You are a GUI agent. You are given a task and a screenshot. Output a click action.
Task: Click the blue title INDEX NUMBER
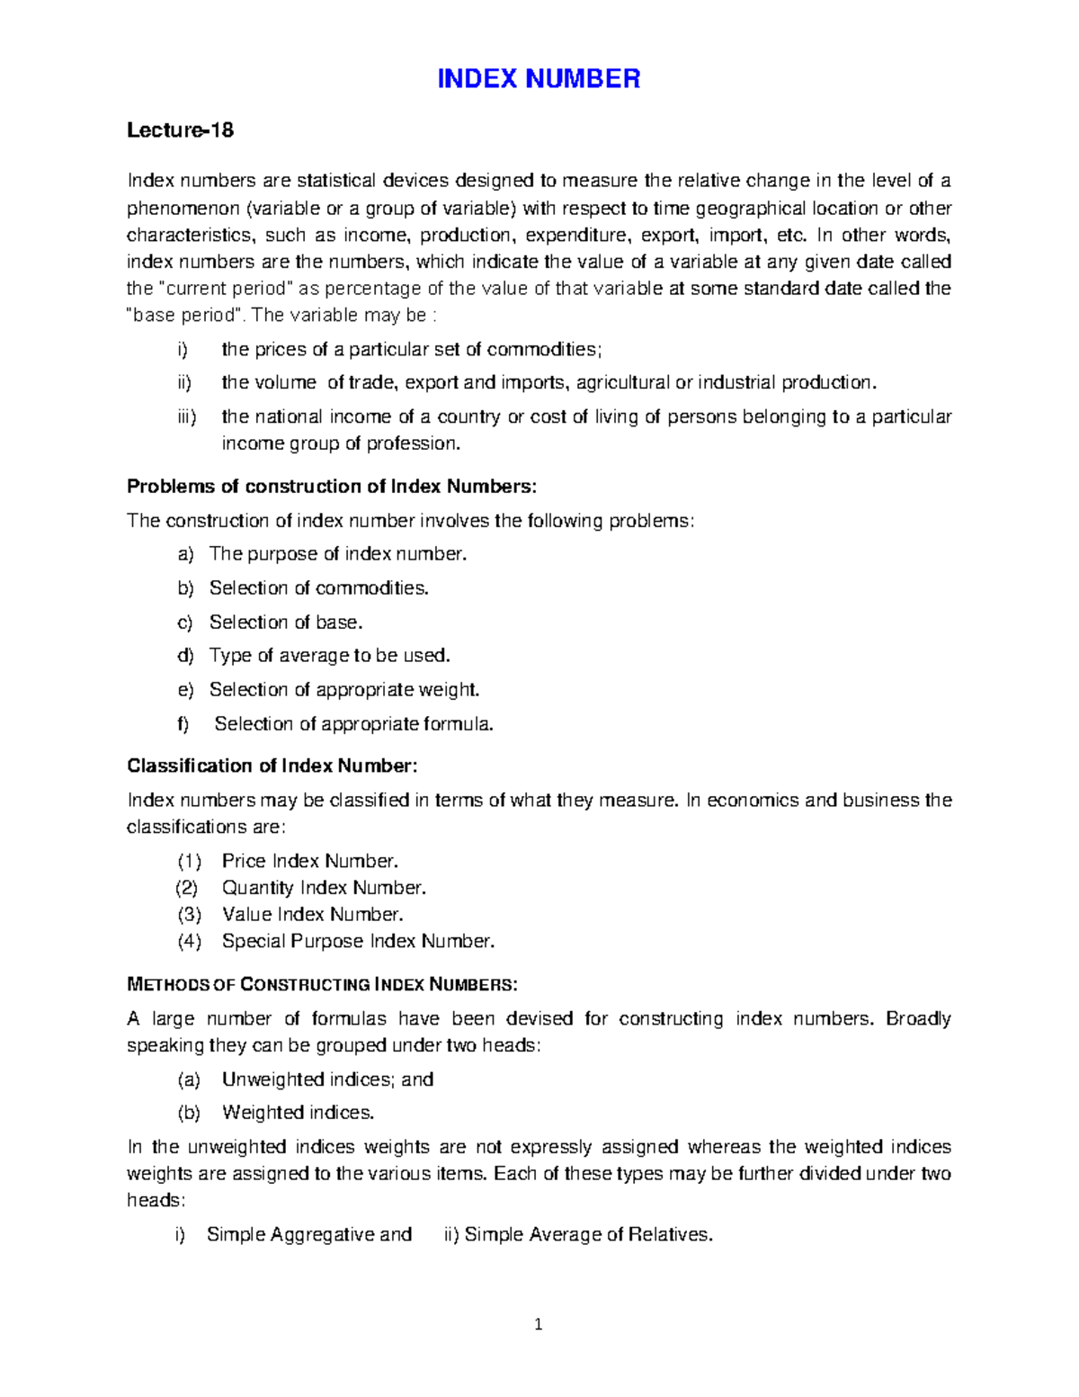pyautogui.click(x=539, y=79)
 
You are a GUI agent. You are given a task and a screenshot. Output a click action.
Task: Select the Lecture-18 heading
pyautogui.click(x=180, y=130)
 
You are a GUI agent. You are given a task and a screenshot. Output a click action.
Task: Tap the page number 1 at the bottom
pyautogui.click(x=539, y=1323)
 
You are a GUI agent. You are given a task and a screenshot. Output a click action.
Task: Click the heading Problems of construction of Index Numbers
pyautogui.click(x=332, y=487)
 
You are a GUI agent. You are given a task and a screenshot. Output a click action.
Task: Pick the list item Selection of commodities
pyautogui.click(x=318, y=588)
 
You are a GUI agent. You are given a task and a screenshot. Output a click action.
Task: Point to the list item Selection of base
pyautogui.click(x=286, y=622)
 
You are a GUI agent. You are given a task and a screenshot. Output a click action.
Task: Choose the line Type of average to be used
pyautogui.click(x=329, y=656)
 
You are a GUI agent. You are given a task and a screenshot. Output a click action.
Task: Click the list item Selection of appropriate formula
pyautogui.click(x=353, y=724)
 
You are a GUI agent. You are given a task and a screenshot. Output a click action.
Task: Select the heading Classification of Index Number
pyautogui.click(x=272, y=766)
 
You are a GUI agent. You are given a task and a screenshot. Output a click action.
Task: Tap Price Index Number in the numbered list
pyautogui.click(x=309, y=861)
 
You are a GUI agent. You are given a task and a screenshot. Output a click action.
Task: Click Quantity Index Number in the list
pyautogui.click(x=324, y=888)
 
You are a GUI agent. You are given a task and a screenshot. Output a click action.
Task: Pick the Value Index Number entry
pyautogui.click(x=312, y=915)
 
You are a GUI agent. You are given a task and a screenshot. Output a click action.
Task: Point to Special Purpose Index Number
pyautogui.click(x=358, y=942)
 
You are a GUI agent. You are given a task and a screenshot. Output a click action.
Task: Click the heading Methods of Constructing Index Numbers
pyautogui.click(x=322, y=984)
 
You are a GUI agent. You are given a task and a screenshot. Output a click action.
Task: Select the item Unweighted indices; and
pyautogui.click(x=327, y=1079)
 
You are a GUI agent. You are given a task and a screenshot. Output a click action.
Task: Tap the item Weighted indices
pyautogui.click(x=298, y=1113)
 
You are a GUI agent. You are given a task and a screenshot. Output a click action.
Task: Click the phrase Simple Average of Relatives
pyautogui.click(x=588, y=1235)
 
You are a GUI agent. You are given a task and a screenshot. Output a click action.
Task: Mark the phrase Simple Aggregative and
pyautogui.click(x=309, y=1235)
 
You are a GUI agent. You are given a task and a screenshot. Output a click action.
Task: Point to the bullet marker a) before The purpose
pyautogui.click(x=185, y=554)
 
